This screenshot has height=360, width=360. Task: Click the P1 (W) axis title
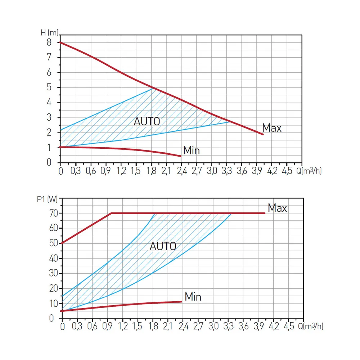[x=47, y=199]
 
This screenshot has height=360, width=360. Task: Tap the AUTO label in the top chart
[x=147, y=122]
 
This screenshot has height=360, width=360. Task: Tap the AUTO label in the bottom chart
[x=163, y=247]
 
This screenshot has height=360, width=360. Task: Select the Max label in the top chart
[x=272, y=128]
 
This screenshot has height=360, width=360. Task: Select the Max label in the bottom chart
[x=277, y=208]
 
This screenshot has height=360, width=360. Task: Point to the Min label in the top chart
[x=191, y=150]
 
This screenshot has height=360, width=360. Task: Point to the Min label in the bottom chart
[x=193, y=297]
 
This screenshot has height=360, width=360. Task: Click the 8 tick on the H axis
[x=49, y=42]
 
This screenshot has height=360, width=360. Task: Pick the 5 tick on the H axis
[x=49, y=87]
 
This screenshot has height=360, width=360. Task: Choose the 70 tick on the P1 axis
[x=53, y=213]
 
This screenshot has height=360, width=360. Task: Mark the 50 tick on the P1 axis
[x=53, y=243]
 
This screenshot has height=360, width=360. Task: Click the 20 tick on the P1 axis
[x=53, y=288]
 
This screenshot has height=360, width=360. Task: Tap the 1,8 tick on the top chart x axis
[x=151, y=171]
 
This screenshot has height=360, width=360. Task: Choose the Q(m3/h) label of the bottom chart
[x=310, y=327]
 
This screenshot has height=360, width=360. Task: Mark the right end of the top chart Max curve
[x=263, y=134]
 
